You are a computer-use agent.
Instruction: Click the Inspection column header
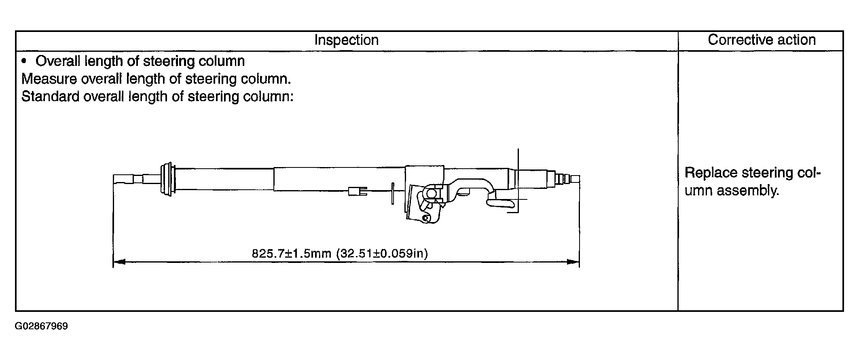(346, 40)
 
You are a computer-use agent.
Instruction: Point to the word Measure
(49, 78)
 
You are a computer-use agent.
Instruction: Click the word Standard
(50, 96)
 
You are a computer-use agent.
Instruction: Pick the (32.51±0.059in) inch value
(382, 254)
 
